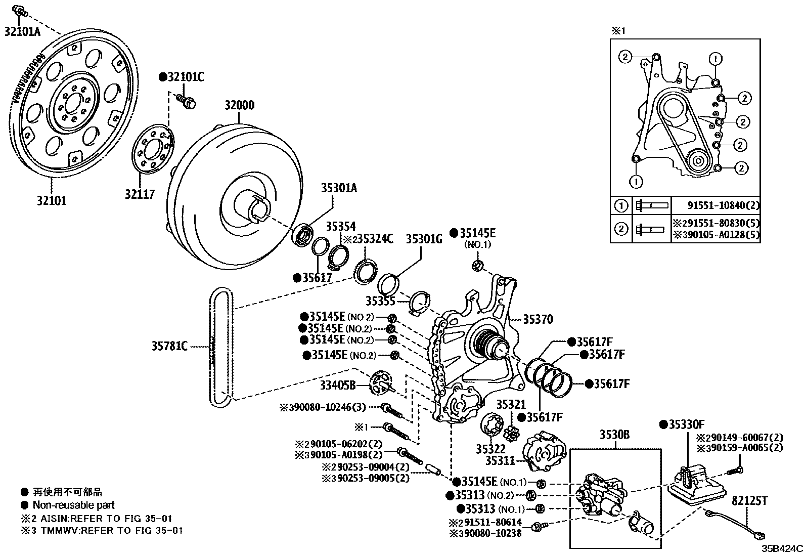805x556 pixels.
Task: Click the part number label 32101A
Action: pyautogui.click(x=22, y=31)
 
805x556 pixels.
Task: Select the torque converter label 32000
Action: pyautogui.click(x=240, y=106)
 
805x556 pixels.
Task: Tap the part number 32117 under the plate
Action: pyautogui.click(x=140, y=194)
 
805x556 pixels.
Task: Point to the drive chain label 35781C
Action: pyautogui.click(x=169, y=347)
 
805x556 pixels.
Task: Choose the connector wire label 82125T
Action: pyautogui.click(x=750, y=501)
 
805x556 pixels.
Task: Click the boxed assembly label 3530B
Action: pyautogui.click(x=615, y=435)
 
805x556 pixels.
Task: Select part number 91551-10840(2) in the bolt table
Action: pyautogui.click(x=724, y=205)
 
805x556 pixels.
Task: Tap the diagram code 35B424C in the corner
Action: pyautogui.click(x=783, y=548)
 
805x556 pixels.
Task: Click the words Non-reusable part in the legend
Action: pyautogui.click(x=74, y=505)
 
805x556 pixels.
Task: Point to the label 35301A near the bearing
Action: pyautogui.click(x=339, y=188)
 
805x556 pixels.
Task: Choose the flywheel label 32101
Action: pyautogui.click(x=51, y=200)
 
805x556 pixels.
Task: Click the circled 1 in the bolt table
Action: pyautogui.click(x=621, y=206)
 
